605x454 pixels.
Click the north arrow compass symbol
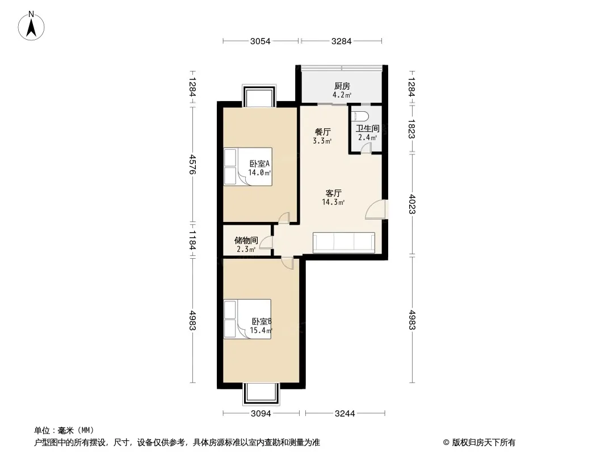tap(31, 26)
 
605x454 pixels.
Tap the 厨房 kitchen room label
tap(342, 86)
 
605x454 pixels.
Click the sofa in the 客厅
tap(344, 243)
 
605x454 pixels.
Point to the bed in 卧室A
tap(248, 167)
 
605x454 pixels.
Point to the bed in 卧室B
tap(247, 319)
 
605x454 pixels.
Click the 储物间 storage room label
tap(246, 240)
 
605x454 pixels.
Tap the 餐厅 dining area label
tap(322, 132)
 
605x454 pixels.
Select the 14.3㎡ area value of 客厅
tap(333, 202)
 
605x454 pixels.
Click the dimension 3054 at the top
tap(261, 41)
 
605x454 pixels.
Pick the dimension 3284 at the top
tap(342, 41)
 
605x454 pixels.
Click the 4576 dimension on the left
tap(192, 165)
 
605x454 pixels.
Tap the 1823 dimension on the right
tap(411, 129)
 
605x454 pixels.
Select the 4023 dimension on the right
tap(411, 204)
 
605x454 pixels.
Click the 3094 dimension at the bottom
tap(261, 414)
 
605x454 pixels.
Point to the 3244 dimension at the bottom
tap(345, 414)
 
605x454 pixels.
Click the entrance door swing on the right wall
tap(375, 209)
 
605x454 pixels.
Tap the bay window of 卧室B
tap(261, 393)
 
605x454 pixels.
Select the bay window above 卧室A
tap(259, 96)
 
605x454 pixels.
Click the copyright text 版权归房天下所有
tap(484, 443)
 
